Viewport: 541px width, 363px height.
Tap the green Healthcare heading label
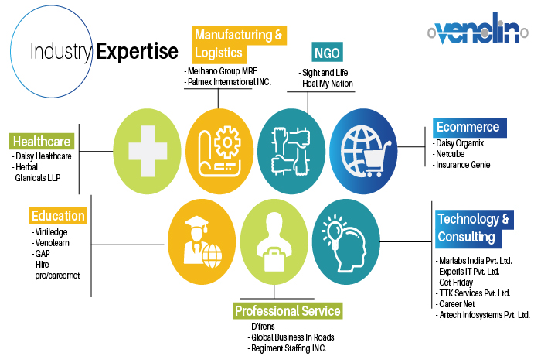point(42,142)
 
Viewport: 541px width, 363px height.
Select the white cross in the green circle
point(148,151)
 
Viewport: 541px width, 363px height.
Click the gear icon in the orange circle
point(227,142)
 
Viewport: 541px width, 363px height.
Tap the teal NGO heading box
point(327,53)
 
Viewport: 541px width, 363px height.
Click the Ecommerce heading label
point(470,128)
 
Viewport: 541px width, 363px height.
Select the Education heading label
point(58,215)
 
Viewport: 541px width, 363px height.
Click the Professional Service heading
point(288,311)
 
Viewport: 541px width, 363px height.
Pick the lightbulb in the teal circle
point(332,231)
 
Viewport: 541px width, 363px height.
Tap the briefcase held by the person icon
point(274,259)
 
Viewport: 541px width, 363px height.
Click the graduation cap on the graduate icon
point(197,223)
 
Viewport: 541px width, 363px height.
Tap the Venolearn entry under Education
point(52,243)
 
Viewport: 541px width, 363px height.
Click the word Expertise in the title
point(137,51)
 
